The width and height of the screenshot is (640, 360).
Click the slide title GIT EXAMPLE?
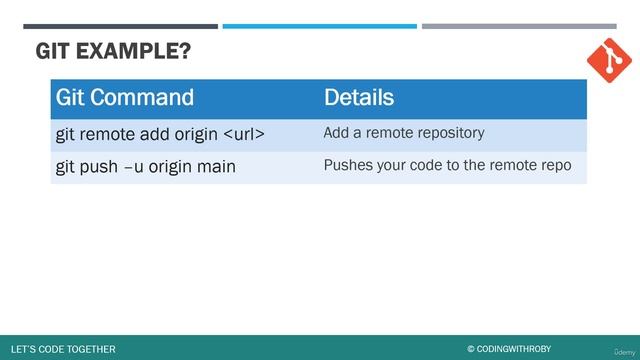(x=112, y=51)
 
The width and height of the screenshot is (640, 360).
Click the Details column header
(x=358, y=97)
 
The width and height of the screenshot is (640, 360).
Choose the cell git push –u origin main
(x=145, y=166)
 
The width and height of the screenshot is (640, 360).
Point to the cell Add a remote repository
(x=404, y=132)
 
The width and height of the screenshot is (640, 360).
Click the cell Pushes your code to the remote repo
(x=447, y=165)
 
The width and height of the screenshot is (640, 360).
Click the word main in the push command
(x=215, y=166)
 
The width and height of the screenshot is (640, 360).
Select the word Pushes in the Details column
(x=346, y=165)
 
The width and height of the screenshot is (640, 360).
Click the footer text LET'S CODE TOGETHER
(x=62, y=349)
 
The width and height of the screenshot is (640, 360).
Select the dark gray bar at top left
(x=120, y=26)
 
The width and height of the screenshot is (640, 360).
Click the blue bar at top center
(x=319, y=26)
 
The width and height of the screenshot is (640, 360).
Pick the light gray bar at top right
(x=518, y=26)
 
